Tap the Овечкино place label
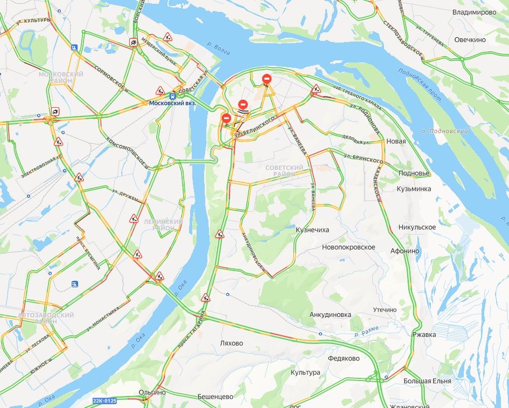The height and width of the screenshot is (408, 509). coord(470,40)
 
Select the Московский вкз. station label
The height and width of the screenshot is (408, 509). coord(173,103)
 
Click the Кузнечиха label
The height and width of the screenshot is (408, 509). coord(312,230)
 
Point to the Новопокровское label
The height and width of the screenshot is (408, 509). coord(348,247)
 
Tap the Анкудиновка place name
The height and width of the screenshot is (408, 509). coord(330,315)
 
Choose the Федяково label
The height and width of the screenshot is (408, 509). coord(344,358)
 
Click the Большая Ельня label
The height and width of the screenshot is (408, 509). coord(427,381)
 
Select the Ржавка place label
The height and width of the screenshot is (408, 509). coord(424,335)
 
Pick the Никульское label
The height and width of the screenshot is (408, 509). coord(417,227)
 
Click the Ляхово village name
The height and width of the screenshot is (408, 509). coord(232,343)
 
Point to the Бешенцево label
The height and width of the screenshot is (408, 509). coord(215,397)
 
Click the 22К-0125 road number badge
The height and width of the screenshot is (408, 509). coord(104,401)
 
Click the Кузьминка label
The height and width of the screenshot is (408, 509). coord(414,189)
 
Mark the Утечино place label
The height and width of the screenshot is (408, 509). coord(385,310)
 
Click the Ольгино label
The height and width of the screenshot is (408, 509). coord(152,392)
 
